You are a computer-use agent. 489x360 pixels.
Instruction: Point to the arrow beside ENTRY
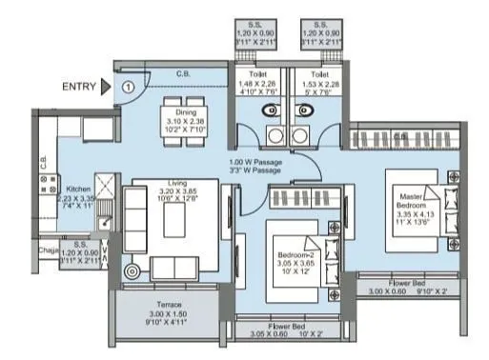[x=107, y=87]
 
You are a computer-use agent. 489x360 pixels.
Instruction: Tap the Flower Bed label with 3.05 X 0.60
[x=285, y=330]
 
